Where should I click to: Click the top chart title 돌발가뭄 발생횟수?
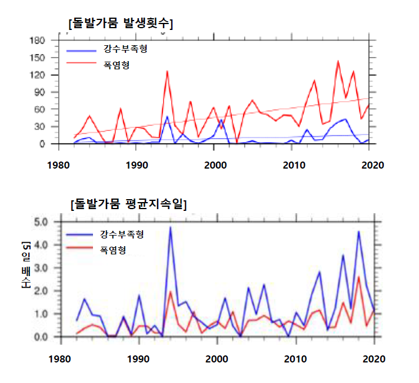(121, 23)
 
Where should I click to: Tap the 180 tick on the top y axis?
(38, 40)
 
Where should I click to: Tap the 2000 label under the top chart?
(215, 165)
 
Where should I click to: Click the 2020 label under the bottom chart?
(373, 358)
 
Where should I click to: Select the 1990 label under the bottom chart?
(138, 358)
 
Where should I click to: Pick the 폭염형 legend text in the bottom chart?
(111, 250)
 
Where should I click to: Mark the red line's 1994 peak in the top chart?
(167, 71)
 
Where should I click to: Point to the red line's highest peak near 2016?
(338, 61)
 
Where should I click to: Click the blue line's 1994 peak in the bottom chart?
(170, 227)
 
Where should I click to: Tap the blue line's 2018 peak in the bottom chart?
(358, 231)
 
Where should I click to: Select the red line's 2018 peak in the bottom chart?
(358, 277)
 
